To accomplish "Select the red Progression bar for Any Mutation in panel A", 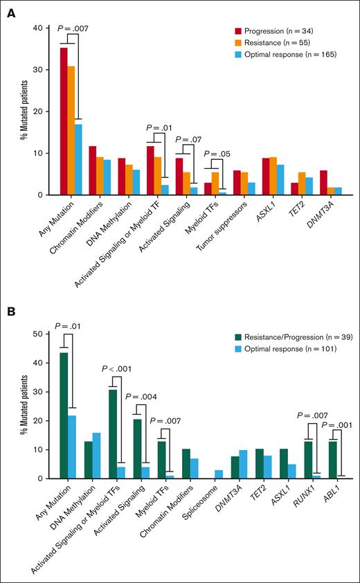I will click(64, 121).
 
